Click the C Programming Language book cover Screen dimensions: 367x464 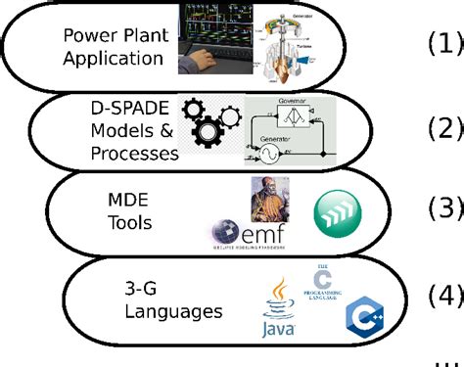[x=323, y=284]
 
